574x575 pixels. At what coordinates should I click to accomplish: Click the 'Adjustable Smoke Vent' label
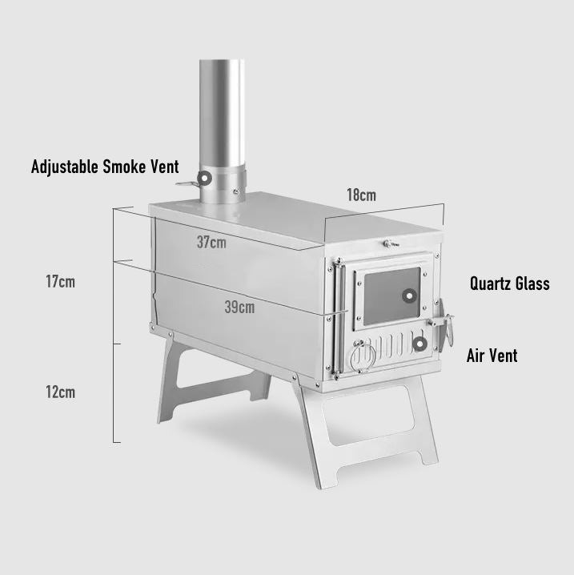[x=105, y=167]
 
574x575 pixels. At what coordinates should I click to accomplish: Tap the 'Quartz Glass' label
[x=509, y=283]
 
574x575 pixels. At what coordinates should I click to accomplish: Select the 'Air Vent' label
[x=492, y=356]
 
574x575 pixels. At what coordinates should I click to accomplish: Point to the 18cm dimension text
[x=361, y=195]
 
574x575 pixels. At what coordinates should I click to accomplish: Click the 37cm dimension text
[x=211, y=242]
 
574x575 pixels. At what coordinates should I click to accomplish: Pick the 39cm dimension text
[x=241, y=307]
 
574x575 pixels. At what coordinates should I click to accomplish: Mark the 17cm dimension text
[x=61, y=282]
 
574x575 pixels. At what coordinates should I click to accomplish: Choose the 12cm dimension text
[x=61, y=392]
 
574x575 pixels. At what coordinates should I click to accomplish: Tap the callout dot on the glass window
[x=408, y=295]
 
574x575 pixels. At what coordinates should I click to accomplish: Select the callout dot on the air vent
[x=419, y=344]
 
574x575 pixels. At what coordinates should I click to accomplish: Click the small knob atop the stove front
[x=387, y=243]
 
